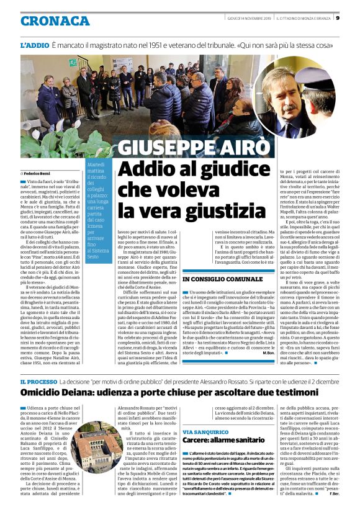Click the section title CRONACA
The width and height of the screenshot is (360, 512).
(55, 21)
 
